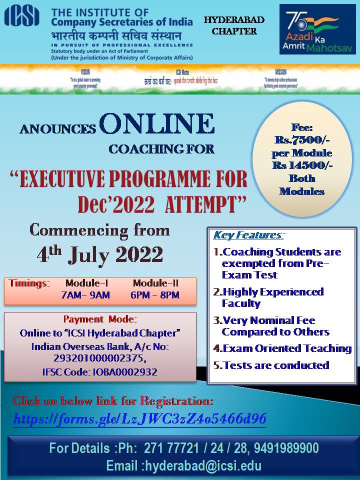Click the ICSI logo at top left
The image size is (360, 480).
(x=22, y=16)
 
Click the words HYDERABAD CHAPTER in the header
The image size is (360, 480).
(x=234, y=25)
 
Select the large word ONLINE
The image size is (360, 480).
(x=156, y=124)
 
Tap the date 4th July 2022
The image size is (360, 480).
(x=100, y=254)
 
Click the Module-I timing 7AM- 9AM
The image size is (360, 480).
(x=85, y=295)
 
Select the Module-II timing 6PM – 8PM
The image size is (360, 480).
(x=154, y=295)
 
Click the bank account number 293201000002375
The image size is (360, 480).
(x=100, y=358)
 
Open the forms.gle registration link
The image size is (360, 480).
(x=139, y=418)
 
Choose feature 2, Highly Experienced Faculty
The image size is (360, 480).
(x=272, y=297)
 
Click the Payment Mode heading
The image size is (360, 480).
(x=100, y=319)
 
